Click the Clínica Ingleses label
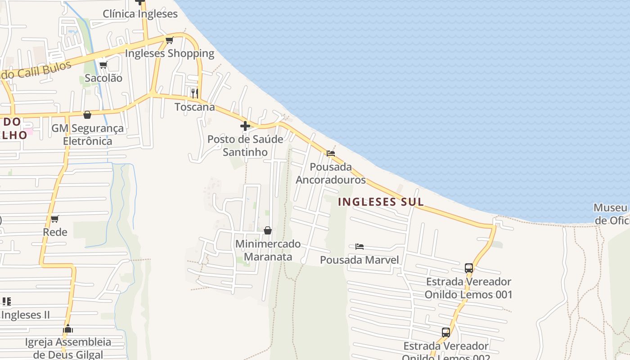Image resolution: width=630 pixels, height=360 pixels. coord(140,14)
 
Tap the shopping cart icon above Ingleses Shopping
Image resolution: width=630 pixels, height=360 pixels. coord(170,40)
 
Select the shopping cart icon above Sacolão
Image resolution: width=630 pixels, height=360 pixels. coord(103,65)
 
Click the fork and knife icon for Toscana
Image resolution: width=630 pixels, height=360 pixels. coord(194,93)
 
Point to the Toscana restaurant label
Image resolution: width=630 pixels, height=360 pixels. coord(194,107)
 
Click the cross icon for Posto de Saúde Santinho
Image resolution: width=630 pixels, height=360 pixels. coord(245,126)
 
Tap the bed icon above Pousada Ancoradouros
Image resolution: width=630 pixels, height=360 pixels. coord(331,153)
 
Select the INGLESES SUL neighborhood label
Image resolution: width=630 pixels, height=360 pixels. coord(381,202)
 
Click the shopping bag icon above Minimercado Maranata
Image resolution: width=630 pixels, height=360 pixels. coord(268,230)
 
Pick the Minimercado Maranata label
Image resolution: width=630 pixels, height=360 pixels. coord(268,250)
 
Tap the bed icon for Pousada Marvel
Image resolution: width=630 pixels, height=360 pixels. coord(359,247)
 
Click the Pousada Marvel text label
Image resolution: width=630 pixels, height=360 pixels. coord(359,260)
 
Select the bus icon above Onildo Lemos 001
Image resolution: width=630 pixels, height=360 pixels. coord(469,268)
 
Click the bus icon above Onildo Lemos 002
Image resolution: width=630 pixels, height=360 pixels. coord(446,333)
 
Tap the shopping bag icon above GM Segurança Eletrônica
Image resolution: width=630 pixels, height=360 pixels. coord(87,115)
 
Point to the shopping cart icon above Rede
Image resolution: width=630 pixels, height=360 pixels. coord(55,219)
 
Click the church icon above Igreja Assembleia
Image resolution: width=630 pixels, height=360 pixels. coord(68,329)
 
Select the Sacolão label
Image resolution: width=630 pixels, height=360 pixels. coord(103,78)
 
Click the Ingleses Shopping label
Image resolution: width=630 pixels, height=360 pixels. coord(170,53)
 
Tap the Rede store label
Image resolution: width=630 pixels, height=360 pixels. coord(55,232)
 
